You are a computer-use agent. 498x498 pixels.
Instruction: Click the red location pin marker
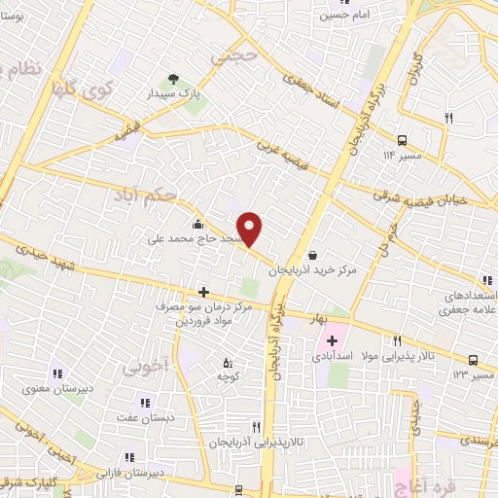pos(251,229)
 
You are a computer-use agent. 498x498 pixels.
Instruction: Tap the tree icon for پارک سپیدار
pos(174,79)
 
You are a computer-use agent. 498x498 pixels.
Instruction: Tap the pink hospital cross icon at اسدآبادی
pos(332,340)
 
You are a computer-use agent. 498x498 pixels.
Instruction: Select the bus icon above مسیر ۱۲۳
pos(473,358)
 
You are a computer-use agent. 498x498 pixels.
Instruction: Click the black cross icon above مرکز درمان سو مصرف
pos(203,292)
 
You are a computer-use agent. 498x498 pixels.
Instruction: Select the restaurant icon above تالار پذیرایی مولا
pos(397,340)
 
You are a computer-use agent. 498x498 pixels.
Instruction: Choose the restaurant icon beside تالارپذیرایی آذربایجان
pos(256,426)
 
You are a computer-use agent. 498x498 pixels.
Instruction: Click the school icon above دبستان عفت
pos(144,403)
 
